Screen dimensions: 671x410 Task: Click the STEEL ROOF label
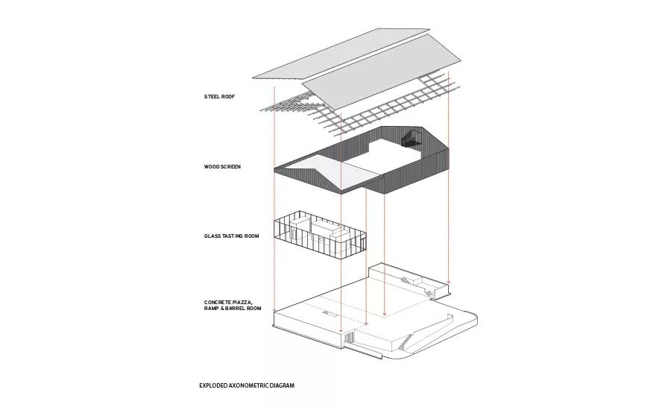(219, 97)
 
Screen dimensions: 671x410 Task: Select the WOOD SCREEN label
(222, 166)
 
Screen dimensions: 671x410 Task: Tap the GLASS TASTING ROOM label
(232, 236)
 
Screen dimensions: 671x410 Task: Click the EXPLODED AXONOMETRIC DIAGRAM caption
(247, 385)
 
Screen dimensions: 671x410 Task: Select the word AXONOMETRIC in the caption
(247, 385)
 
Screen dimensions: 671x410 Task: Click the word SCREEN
(231, 166)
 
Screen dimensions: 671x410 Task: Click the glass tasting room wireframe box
(320, 235)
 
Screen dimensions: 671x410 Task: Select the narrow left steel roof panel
(341, 54)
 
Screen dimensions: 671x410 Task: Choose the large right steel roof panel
(382, 79)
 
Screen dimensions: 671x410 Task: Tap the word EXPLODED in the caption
(212, 385)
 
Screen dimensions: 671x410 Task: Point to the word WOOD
(212, 166)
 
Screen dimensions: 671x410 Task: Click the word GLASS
(212, 236)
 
